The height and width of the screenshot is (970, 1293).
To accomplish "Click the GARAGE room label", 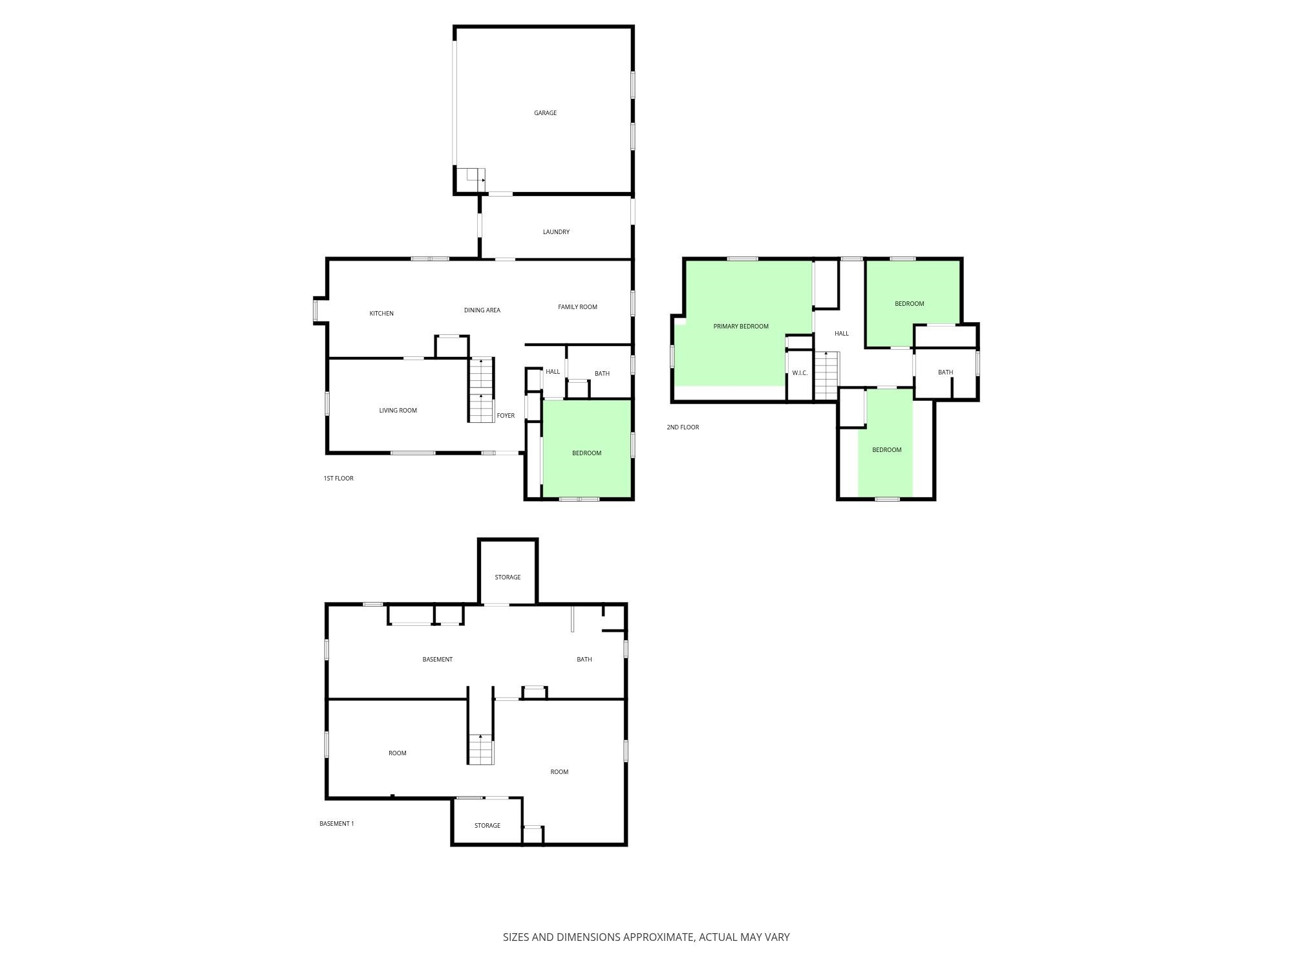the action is [x=545, y=113].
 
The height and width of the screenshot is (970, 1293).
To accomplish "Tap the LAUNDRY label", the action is [x=556, y=232].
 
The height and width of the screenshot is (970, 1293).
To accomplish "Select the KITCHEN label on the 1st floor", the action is [x=381, y=314].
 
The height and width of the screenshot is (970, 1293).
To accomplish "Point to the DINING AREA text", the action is [x=482, y=310].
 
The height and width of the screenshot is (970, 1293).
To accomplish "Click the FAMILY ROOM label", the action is [x=577, y=307].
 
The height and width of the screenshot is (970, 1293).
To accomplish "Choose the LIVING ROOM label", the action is [x=398, y=411].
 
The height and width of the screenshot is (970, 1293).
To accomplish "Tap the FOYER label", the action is [x=506, y=416].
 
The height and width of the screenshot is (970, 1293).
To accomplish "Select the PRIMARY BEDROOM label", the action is [x=741, y=327].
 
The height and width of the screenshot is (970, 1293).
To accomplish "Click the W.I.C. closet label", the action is [x=800, y=373].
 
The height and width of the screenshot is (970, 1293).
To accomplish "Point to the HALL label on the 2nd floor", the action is [x=841, y=334].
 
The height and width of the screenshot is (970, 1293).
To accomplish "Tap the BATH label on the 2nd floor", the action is [x=945, y=372].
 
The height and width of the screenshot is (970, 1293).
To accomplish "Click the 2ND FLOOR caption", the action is [x=683, y=427].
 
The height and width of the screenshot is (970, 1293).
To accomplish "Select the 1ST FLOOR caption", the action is [x=338, y=479].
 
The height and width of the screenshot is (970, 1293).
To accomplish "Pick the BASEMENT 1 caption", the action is [x=337, y=824].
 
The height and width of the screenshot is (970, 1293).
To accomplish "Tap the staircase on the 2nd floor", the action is [x=826, y=375].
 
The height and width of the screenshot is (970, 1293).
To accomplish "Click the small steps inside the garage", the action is [x=471, y=179].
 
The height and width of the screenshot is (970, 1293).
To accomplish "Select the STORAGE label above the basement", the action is [x=508, y=577].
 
